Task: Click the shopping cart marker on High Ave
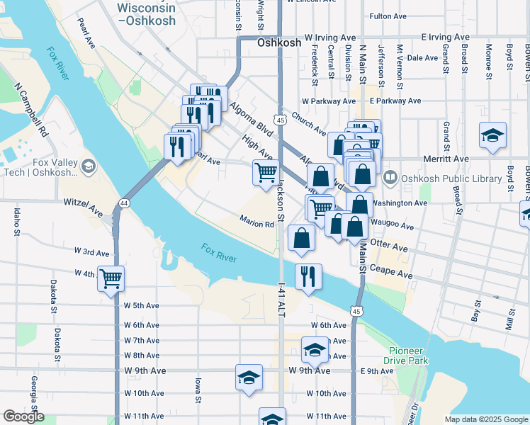pyautogui.click(x=266, y=172)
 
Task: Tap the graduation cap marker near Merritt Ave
pyautogui.click(x=492, y=136)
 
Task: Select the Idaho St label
pyautogui.click(x=16, y=222)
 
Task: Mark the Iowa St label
pyautogui.click(x=198, y=390)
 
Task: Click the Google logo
pyautogui.click(x=23, y=416)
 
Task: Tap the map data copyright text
pyautogui.click(x=485, y=419)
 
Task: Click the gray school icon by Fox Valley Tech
pyautogui.click(x=89, y=166)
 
